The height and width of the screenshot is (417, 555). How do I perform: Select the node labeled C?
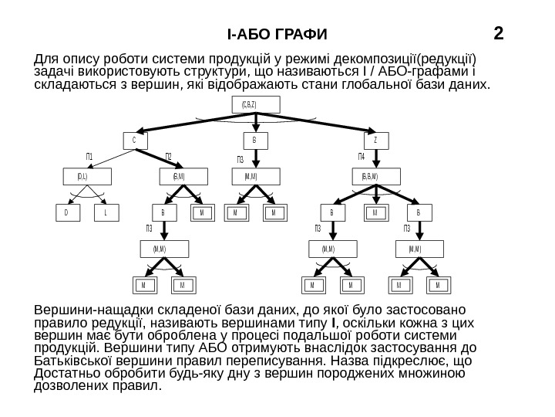134,141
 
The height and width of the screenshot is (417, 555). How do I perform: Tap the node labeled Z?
375,141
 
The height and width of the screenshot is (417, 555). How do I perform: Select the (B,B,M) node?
375,177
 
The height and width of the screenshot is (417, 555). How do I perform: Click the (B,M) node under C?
177,177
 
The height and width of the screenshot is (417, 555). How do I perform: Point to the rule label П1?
90,157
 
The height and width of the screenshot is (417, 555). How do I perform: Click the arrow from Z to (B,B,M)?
375,158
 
